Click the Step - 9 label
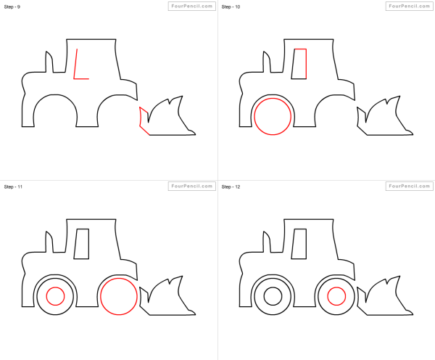(x=12, y=7)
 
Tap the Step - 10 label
(x=231, y=7)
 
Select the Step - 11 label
(x=13, y=187)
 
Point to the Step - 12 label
(x=231, y=187)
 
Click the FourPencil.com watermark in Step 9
(x=191, y=6)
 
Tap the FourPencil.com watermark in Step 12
(x=409, y=186)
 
